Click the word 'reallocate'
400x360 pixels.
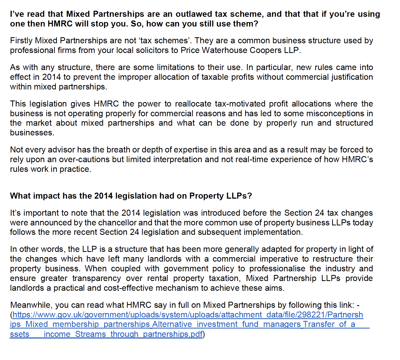(x=193, y=104)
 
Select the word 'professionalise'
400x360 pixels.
(x=277, y=268)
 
